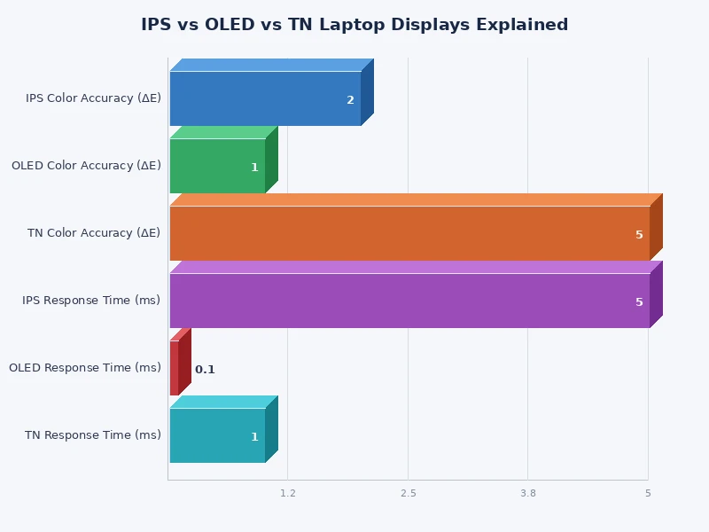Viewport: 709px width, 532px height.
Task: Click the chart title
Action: coord(354,25)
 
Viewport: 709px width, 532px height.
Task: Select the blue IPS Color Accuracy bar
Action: coord(265,98)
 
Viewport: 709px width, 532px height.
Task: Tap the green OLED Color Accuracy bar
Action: coord(217,166)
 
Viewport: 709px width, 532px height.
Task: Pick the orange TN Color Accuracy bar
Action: coord(409,233)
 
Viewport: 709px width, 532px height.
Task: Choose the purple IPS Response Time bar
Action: coord(409,301)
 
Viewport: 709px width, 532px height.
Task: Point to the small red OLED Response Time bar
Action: coord(175,368)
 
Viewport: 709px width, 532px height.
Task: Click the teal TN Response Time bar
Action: coord(217,435)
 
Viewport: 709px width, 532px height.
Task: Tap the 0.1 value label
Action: coord(205,370)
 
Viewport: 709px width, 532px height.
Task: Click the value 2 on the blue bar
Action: coord(350,100)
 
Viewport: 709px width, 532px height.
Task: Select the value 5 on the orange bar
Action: coord(639,235)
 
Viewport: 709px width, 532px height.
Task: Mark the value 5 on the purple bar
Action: coord(639,302)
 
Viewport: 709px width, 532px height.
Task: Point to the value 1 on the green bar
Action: coord(254,168)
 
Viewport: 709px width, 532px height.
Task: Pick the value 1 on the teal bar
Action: coord(254,437)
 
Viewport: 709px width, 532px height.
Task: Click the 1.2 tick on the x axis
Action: coord(288,493)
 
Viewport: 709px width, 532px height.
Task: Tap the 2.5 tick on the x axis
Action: coord(408,493)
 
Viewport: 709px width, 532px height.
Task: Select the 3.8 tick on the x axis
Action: coord(528,493)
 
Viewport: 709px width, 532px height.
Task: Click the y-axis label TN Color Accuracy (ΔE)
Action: coord(94,233)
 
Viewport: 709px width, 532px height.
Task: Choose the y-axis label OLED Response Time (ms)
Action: coord(85,368)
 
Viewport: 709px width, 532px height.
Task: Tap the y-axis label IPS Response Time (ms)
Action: coord(91,301)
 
